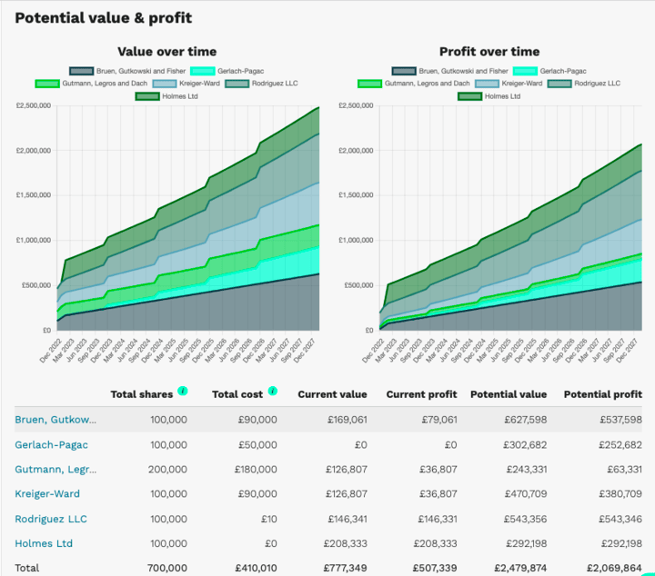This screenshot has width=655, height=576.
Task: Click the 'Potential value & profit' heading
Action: click(x=104, y=18)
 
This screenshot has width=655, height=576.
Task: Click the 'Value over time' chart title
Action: click(x=167, y=52)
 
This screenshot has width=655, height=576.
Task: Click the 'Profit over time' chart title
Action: click(x=489, y=52)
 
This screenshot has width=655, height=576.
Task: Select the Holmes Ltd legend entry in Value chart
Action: click(x=167, y=95)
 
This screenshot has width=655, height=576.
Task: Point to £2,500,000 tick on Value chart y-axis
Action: click(x=33, y=106)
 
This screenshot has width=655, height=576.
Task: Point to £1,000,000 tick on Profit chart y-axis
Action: click(x=355, y=241)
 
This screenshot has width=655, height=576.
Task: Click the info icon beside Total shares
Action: click(x=183, y=392)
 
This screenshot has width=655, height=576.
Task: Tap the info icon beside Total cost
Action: click(x=272, y=392)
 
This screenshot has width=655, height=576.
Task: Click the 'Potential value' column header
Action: click(x=509, y=394)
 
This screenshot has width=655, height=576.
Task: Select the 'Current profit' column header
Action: click(x=421, y=394)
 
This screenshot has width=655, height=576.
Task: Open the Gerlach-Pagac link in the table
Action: click(x=52, y=444)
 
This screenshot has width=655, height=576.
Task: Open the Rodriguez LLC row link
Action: click(x=52, y=519)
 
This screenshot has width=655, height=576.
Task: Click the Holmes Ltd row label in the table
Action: click(x=44, y=543)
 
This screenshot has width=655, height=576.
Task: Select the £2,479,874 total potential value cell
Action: click(x=517, y=568)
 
